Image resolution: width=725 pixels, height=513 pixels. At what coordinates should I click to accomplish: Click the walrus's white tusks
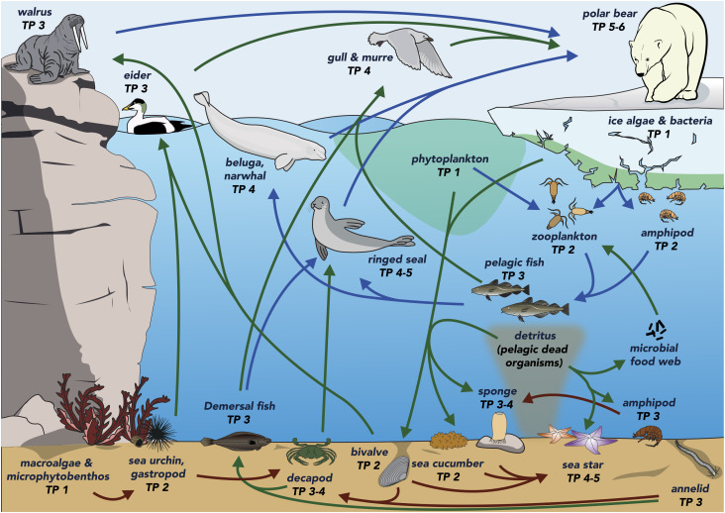click(82, 39)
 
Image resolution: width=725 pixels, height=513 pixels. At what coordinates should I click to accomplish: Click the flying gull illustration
click(409, 51)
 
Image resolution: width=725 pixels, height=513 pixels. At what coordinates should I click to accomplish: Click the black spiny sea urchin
click(160, 431)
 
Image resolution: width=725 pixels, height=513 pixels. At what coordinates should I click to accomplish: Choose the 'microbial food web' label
click(656, 355)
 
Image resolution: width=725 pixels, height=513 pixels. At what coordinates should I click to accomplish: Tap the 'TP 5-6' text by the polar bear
click(608, 27)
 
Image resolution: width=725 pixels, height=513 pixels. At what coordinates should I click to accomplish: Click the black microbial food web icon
click(657, 329)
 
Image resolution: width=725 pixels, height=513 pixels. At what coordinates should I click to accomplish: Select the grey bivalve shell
click(394, 471)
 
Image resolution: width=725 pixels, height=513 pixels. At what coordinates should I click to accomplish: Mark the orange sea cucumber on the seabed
click(447, 441)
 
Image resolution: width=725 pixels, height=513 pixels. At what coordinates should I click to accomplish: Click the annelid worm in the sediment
click(697, 459)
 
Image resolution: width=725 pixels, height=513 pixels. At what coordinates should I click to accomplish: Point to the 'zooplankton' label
click(565, 236)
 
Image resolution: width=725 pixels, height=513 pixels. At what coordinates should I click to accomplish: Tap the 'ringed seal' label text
click(397, 259)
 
